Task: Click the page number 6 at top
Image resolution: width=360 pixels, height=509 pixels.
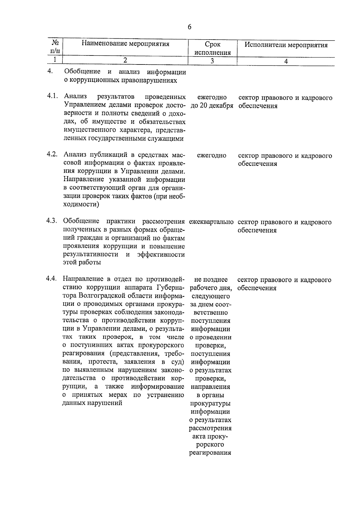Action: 189,27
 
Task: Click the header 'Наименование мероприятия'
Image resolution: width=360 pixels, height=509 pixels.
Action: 125,44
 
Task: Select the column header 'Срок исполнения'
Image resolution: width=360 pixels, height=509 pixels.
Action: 212,48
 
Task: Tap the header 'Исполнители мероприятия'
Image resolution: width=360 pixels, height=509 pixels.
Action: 286,45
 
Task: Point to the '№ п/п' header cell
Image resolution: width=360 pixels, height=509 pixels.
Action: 55,48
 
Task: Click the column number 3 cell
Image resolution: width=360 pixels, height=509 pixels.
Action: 212,61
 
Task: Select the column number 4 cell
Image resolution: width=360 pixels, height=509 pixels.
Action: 286,61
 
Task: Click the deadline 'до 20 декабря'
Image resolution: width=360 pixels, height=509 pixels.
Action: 212,106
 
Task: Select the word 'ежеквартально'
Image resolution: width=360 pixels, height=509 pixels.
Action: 211,222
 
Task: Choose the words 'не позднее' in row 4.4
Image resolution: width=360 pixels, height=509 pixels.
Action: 211,280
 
